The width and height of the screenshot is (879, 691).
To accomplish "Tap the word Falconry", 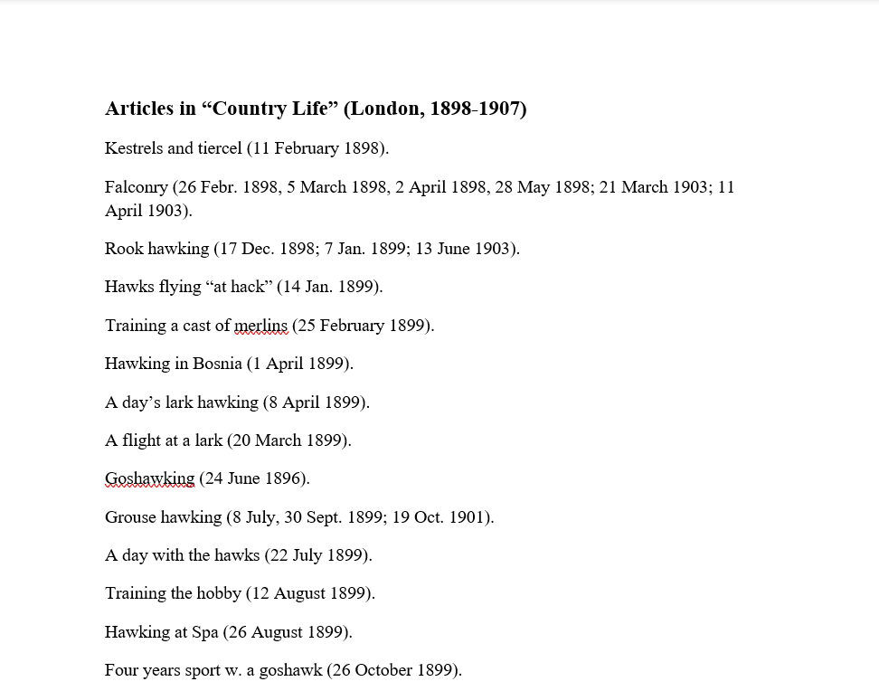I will [x=137, y=187].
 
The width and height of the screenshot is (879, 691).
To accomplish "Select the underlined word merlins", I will [x=260, y=326].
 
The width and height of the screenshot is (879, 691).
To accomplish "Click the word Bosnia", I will [x=217, y=364].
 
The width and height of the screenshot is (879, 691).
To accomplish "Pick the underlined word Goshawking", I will [x=149, y=478].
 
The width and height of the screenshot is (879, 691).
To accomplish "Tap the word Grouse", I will [x=131, y=517].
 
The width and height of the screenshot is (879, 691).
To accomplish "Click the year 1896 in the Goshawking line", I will [x=283, y=478].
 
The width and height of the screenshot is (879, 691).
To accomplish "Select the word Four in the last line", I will [x=121, y=670].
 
